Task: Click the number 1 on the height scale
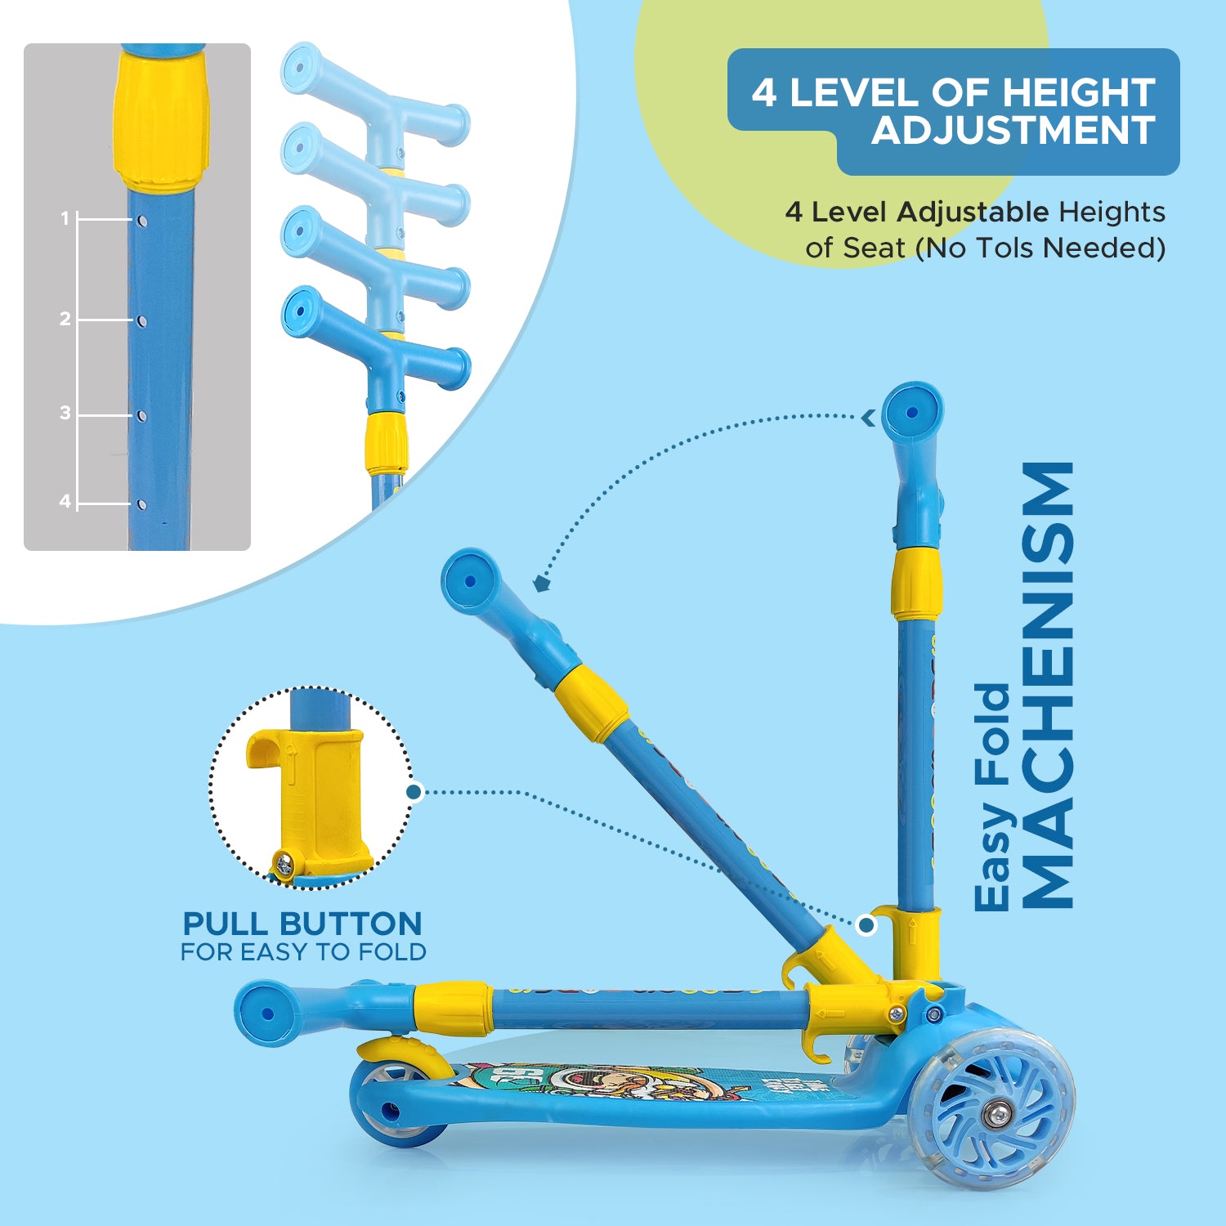click(65, 218)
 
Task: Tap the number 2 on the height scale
click(65, 319)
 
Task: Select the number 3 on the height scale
click(65, 413)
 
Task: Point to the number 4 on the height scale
click(65, 501)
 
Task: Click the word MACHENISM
click(1048, 686)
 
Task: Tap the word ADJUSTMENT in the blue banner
click(1013, 131)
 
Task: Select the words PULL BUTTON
click(302, 924)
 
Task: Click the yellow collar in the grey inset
click(161, 120)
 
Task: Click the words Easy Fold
click(993, 797)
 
